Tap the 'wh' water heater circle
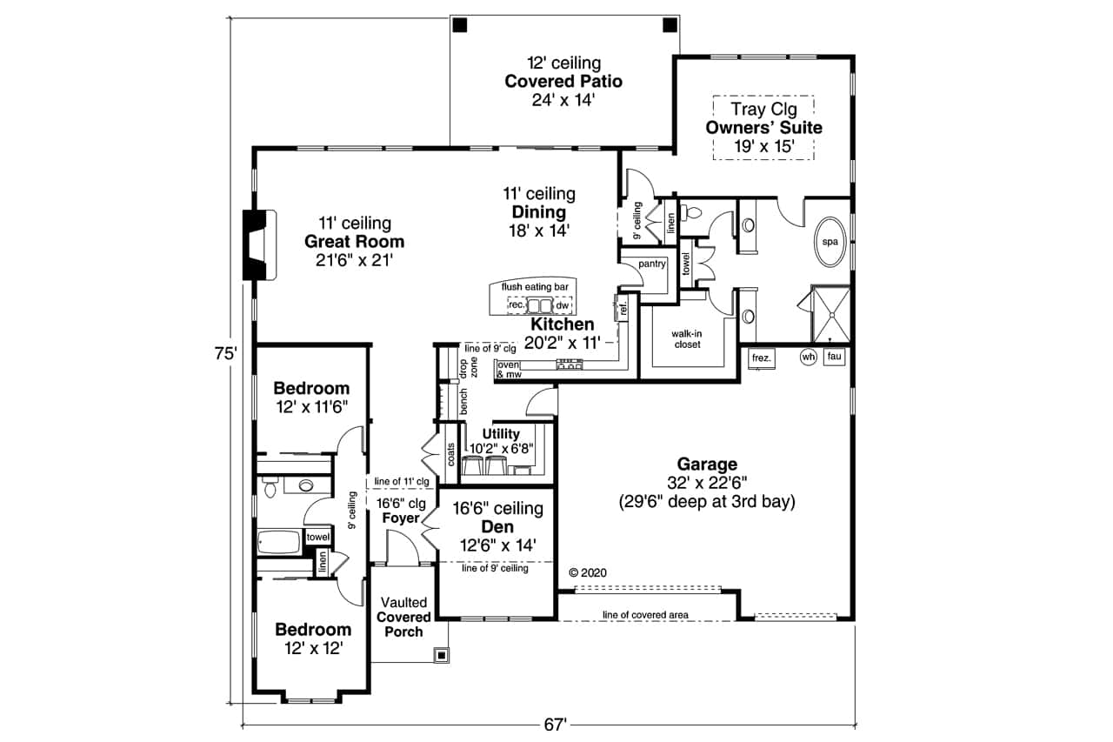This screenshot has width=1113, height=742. pyautogui.click(x=808, y=357)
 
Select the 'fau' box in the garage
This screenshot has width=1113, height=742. pyautogui.click(x=834, y=357)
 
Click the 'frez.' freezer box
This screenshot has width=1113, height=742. pyautogui.click(x=761, y=358)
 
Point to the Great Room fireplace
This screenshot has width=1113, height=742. pyautogui.click(x=259, y=245)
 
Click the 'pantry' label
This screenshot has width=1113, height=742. pyautogui.click(x=652, y=264)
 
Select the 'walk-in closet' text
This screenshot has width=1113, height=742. pyautogui.click(x=687, y=338)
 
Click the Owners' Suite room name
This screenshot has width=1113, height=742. pyautogui.click(x=763, y=128)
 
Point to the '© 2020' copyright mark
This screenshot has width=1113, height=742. pyautogui.click(x=587, y=572)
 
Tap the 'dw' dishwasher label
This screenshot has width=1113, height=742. pyautogui.click(x=563, y=305)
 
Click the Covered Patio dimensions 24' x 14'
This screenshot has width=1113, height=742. pyautogui.click(x=563, y=100)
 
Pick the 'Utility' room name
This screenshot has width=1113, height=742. pyautogui.click(x=501, y=433)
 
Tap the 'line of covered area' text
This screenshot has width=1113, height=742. pyautogui.click(x=645, y=615)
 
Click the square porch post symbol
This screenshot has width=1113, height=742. pyautogui.click(x=441, y=654)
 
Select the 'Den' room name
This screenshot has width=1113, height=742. pyautogui.click(x=497, y=527)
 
